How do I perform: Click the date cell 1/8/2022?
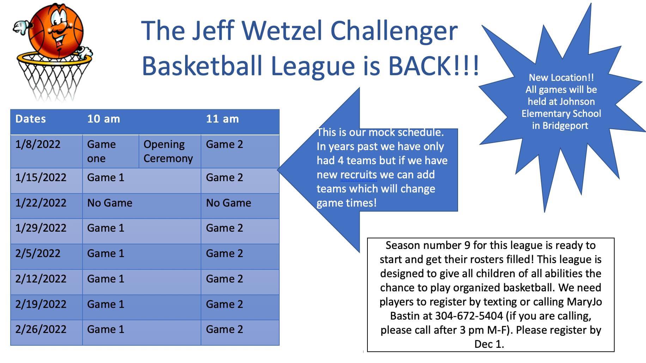coord(47,151)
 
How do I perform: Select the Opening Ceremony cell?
coord(170,151)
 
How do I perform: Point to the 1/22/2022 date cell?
coord(47,206)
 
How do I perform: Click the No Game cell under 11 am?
coord(240,206)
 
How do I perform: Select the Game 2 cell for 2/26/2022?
coord(240,333)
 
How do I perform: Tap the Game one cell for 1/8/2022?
coord(111,151)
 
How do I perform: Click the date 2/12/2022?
coord(41,279)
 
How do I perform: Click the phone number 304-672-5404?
coord(469,316)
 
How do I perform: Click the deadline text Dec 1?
coord(489,344)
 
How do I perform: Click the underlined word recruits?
coord(359,175)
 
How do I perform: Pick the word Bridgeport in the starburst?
coord(565,126)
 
